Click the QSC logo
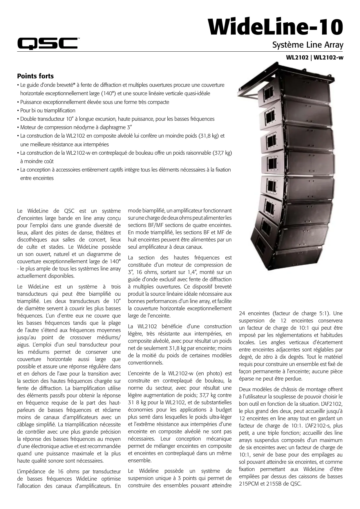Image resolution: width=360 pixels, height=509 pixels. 47,43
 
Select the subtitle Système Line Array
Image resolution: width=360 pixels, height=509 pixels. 308,45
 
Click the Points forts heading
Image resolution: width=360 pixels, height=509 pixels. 35,76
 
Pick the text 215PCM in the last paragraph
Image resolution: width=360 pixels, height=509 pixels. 249,484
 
